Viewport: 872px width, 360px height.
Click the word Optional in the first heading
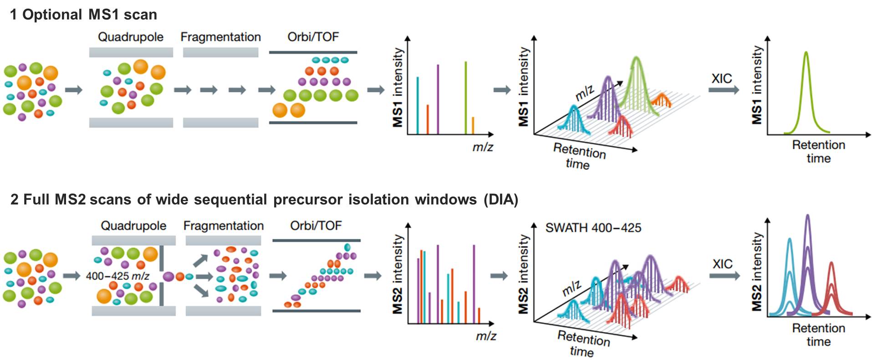pyautogui.click(x=52, y=15)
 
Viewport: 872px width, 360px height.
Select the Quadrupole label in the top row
pyautogui.click(x=131, y=37)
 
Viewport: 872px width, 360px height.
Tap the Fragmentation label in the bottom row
pyautogui.click(x=223, y=226)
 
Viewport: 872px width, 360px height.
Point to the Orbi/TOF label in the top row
pyautogui.click(x=313, y=36)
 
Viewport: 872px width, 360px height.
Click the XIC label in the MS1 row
pyautogui.click(x=722, y=78)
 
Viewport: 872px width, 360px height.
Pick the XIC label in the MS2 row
pyautogui.click(x=723, y=264)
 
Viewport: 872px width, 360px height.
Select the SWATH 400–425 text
pyautogui.click(x=593, y=228)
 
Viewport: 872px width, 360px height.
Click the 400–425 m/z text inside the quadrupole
pyautogui.click(x=117, y=276)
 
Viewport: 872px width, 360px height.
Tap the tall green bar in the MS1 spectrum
pyautogui.click(x=465, y=98)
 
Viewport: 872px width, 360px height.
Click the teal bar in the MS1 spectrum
pyautogui.click(x=418, y=106)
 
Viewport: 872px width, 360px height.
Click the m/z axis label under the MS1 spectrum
pyautogui.click(x=483, y=147)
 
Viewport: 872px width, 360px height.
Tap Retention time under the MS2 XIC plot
pyautogui.click(x=818, y=335)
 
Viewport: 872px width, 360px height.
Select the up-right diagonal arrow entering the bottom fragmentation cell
pyautogui.click(x=200, y=261)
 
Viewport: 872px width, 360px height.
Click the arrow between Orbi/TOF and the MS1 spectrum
pyautogui.click(x=376, y=90)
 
